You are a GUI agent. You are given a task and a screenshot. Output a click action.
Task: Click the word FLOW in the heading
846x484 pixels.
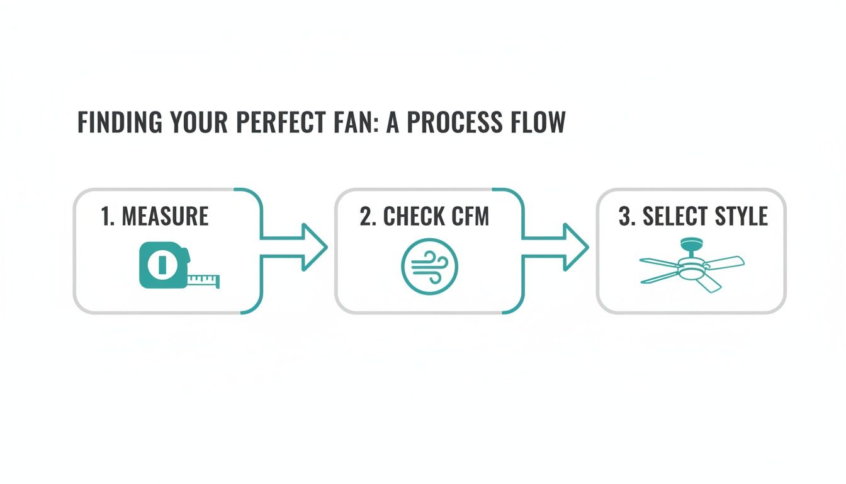coord(537,123)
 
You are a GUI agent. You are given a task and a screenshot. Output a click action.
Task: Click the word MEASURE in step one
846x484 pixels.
coord(165,217)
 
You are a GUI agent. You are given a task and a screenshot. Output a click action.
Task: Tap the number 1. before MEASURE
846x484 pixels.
coord(108,217)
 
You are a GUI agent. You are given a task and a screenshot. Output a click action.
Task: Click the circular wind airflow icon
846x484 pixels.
coord(429,266)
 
